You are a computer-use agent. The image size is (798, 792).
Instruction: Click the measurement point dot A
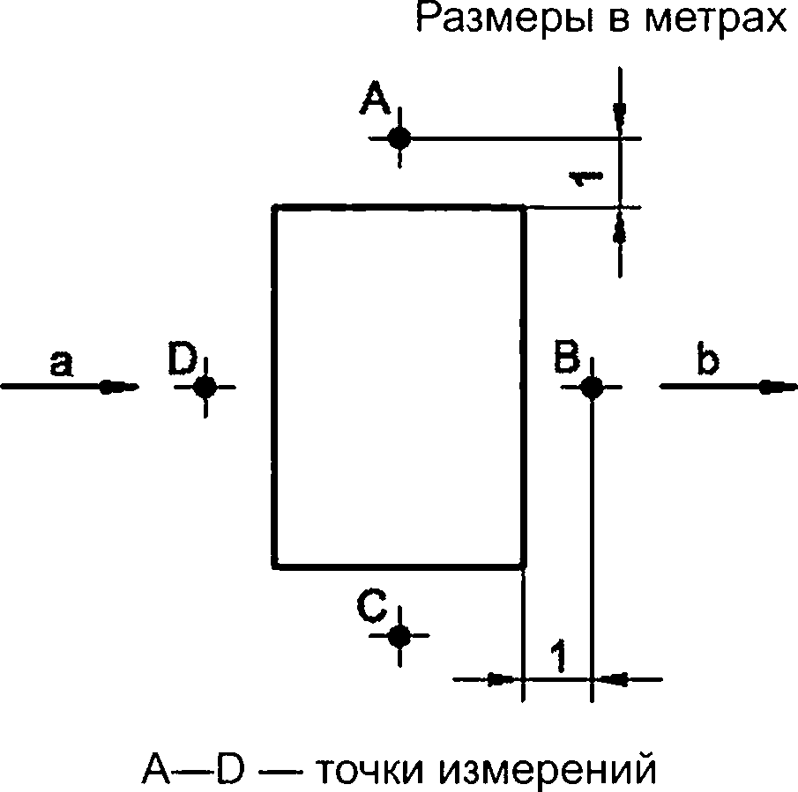(399, 137)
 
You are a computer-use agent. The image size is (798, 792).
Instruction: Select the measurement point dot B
(591, 388)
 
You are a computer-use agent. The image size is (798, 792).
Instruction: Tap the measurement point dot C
(399, 635)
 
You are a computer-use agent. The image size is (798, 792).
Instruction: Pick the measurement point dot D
(205, 388)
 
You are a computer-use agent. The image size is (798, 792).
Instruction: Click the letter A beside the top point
(375, 97)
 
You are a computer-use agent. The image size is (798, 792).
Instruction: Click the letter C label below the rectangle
(371, 605)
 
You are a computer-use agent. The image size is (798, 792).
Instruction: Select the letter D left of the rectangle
(182, 359)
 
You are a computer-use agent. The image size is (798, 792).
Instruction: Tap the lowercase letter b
(708, 359)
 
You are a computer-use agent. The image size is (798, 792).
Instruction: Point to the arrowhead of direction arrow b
(778, 388)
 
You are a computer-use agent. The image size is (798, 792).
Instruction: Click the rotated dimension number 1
(585, 177)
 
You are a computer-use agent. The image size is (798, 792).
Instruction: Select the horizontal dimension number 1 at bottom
(558, 656)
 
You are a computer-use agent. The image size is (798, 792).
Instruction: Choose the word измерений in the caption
(548, 768)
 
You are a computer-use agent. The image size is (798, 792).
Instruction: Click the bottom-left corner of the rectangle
(275, 566)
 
